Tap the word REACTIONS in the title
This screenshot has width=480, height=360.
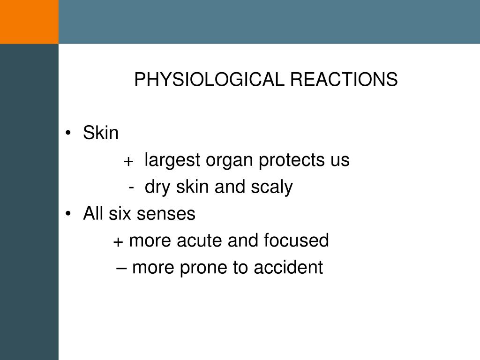coord(344,80)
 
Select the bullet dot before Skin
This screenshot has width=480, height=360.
coord(69,134)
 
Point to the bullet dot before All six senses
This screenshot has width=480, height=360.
coord(69,215)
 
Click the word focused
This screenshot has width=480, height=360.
coord(296,241)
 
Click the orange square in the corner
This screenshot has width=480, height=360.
coord(29,22)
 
